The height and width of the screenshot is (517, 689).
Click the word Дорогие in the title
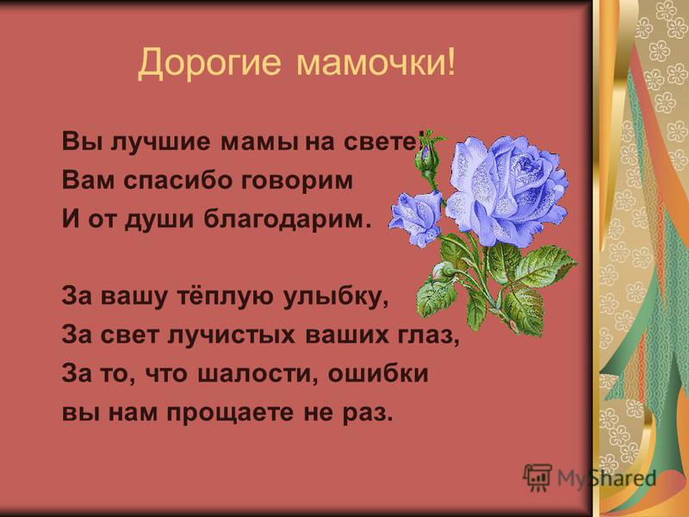(x=209, y=62)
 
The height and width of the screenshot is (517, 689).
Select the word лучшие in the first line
(x=160, y=142)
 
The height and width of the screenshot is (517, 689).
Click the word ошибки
(x=378, y=373)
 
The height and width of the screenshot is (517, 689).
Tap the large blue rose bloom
(x=506, y=190)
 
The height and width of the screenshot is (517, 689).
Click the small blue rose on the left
(x=416, y=219)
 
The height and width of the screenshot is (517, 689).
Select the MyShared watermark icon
(x=537, y=477)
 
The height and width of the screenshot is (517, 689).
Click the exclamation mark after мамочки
(x=450, y=62)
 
